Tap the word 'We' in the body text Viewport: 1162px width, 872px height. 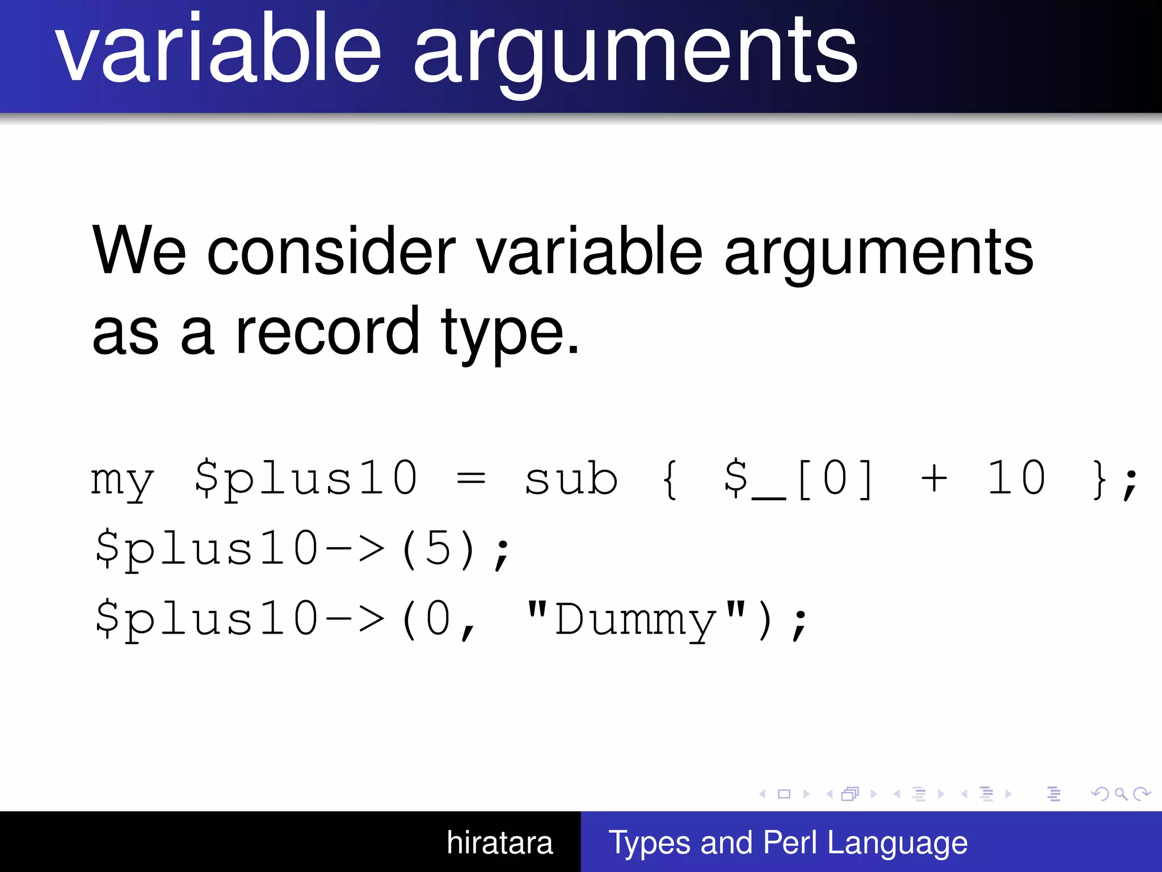pos(139,251)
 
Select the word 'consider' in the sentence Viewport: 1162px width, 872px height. pos(331,251)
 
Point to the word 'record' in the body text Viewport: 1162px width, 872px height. pos(327,332)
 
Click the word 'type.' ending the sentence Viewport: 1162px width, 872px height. pos(510,335)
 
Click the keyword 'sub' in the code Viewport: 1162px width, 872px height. pos(571,480)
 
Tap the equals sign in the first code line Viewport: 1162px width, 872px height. pos(471,480)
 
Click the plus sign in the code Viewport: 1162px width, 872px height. pos(934,480)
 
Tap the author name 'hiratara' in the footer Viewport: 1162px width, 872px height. pos(499,843)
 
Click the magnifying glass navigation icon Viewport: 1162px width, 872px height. pos(1121,794)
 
